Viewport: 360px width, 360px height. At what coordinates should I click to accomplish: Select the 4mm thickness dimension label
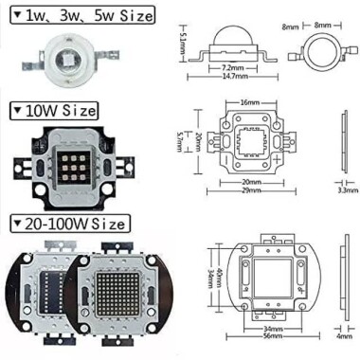tap(342, 334)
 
